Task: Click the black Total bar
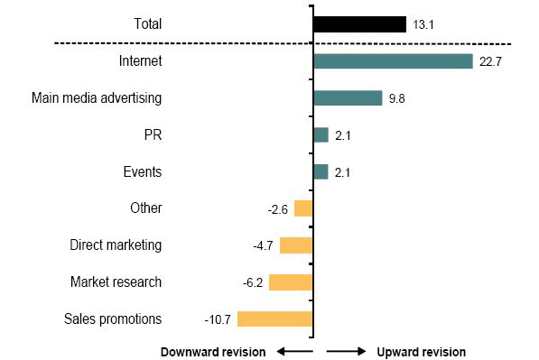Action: [x=359, y=24]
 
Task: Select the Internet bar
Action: [x=393, y=61]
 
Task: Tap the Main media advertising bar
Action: [x=348, y=97]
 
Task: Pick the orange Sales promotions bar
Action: [x=274, y=318]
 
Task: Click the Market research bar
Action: [x=290, y=282]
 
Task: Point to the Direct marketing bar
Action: [x=295, y=245]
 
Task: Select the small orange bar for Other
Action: [x=302, y=208]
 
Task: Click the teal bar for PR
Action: [x=321, y=134]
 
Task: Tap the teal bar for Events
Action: [x=321, y=171]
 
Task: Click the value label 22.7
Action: [x=490, y=61]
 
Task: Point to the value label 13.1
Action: [x=423, y=24]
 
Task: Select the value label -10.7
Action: [x=218, y=318]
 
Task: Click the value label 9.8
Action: [x=396, y=97]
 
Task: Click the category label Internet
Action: [x=140, y=61]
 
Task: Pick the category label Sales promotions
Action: [x=113, y=318]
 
